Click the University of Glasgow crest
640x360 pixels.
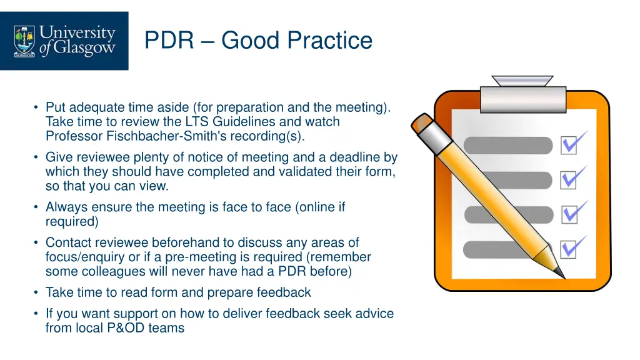25,40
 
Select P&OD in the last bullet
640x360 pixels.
124,327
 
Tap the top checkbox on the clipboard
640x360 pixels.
569,146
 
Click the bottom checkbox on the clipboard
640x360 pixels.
569,250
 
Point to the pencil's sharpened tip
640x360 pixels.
561,274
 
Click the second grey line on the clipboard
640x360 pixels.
508,181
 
